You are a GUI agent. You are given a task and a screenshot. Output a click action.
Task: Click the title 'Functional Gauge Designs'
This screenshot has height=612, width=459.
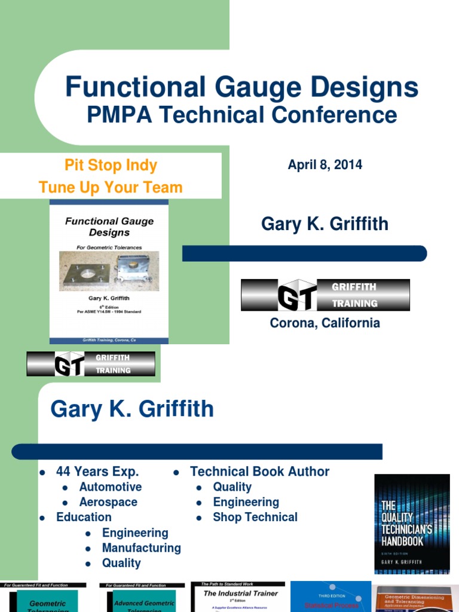[x=241, y=87]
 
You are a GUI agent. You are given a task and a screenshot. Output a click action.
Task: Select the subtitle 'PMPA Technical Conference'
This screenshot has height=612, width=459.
[x=241, y=115]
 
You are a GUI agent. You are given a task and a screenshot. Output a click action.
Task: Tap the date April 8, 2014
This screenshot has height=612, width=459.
[x=325, y=165]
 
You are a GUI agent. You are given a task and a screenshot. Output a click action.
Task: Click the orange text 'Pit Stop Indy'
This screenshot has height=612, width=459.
[x=111, y=165]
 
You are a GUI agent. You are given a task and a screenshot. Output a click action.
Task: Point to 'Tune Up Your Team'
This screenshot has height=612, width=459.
[x=111, y=187]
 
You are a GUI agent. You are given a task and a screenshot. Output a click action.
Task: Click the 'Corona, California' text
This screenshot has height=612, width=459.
[x=325, y=323]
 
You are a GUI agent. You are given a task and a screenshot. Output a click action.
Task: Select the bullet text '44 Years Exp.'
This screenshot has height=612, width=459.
[x=97, y=472]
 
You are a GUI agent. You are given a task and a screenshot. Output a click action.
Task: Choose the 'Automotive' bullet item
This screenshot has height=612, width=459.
[x=111, y=487]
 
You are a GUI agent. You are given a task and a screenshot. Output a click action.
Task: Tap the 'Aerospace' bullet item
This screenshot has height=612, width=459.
[x=108, y=502]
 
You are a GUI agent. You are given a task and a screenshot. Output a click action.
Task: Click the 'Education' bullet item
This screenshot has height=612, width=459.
[x=84, y=517]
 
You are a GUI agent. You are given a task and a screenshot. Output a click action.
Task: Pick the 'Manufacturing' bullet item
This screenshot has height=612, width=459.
[x=141, y=547]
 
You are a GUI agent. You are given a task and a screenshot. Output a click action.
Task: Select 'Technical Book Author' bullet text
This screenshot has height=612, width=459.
[x=259, y=472]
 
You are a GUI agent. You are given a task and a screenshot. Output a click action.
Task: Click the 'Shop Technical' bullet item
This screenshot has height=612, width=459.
[x=255, y=517]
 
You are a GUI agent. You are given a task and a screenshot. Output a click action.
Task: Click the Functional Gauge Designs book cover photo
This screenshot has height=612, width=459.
[x=109, y=272]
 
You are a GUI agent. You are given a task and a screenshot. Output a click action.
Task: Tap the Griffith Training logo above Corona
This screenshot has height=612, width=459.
[x=325, y=295]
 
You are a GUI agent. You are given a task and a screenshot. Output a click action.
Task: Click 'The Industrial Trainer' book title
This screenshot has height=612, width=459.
[x=241, y=593]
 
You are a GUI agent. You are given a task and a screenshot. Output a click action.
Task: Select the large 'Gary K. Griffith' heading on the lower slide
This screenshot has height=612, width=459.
[x=132, y=409]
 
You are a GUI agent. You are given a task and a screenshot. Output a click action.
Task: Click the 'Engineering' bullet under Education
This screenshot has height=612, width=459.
[x=135, y=533]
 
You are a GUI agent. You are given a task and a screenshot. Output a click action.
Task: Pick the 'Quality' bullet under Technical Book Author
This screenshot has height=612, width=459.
[x=232, y=487]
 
